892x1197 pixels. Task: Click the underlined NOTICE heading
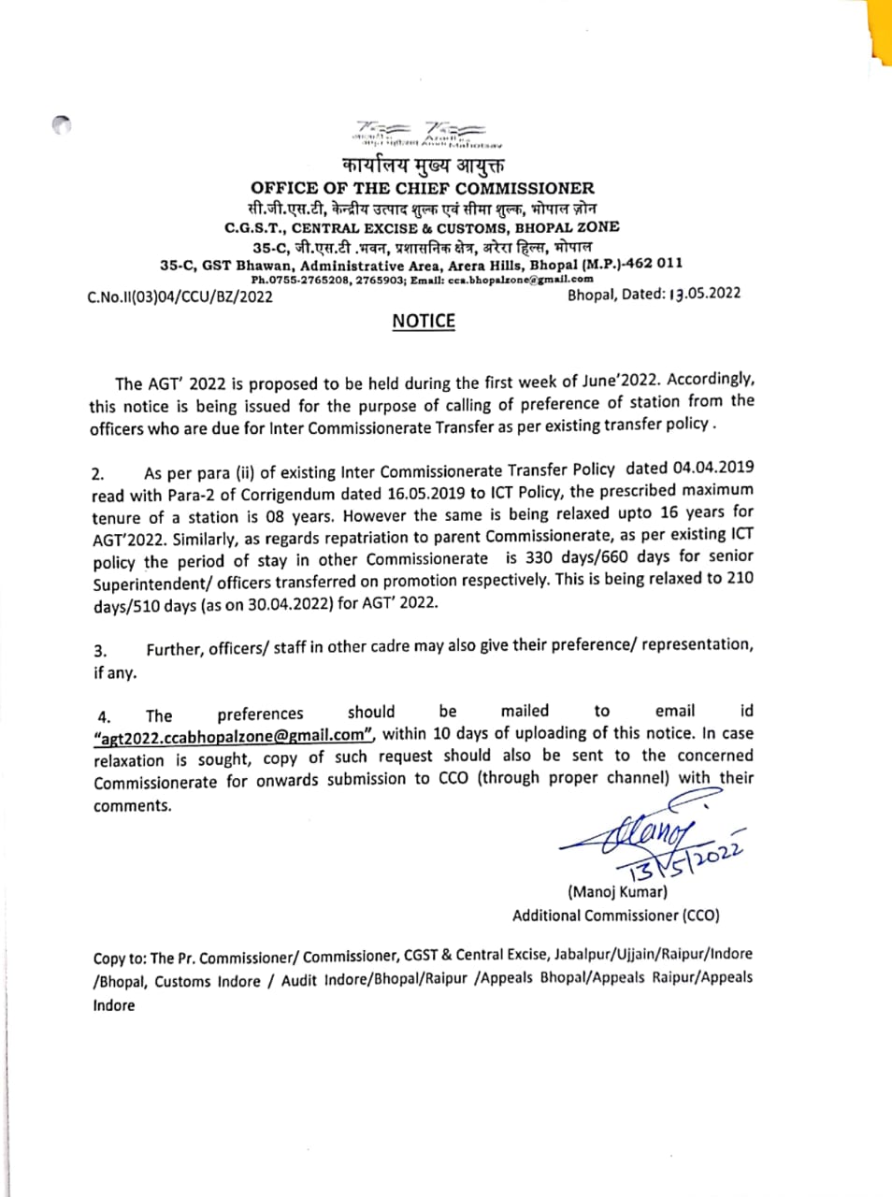pos(424,321)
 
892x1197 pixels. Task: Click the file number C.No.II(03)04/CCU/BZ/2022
pos(180,297)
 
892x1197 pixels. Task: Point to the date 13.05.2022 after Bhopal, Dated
pos(705,294)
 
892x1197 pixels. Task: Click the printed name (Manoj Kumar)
pos(617,891)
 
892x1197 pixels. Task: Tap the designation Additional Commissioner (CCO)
pos(615,916)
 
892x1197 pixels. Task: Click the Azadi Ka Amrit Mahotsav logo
pos(424,135)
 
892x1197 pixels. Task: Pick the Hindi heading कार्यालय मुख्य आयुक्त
pos(424,166)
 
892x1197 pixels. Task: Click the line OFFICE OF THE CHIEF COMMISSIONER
pos(423,188)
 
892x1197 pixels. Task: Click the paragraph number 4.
pos(104,717)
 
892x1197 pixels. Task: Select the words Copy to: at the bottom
pos(120,959)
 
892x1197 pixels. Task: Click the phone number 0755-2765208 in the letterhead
pos(302,279)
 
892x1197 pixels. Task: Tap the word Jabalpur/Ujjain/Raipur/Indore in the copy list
pos(653,955)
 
